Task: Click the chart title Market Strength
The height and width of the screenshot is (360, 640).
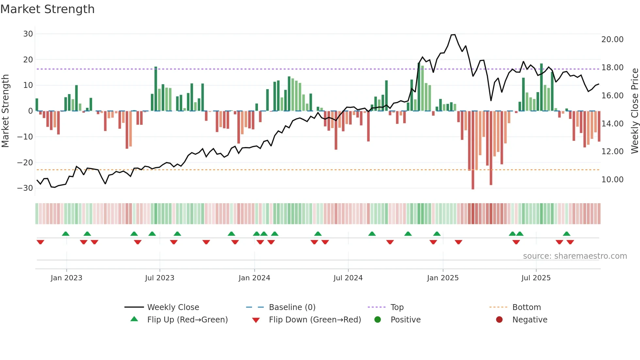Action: [x=47, y=9]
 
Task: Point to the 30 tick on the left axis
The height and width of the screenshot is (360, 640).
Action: [x=28, y=34]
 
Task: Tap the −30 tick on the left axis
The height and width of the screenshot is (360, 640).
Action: [x=25, y=188]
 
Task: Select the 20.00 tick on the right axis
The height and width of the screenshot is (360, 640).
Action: [x=612, y=40]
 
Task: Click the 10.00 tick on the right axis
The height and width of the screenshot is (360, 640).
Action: [x=612, y=180]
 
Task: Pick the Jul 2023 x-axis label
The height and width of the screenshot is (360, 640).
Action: [x=160, y=278]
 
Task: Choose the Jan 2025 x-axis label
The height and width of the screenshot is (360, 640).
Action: [x=443, y=278]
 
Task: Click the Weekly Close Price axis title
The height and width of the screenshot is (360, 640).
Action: [x=634, y=111]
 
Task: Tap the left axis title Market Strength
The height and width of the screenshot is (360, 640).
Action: [x=6, y=111]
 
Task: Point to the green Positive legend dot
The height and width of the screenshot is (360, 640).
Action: [x=378, y=320]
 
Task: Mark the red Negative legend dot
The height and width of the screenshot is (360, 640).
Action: [x=499, y=320]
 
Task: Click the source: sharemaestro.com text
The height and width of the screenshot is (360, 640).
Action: [x=575, y=256]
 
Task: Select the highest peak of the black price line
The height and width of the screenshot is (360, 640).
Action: [x=453, y=35]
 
